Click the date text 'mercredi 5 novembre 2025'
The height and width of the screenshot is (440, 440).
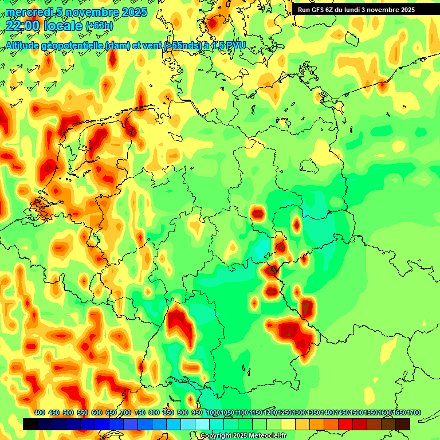pos(77,12)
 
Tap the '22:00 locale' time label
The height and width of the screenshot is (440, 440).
pos(44,25)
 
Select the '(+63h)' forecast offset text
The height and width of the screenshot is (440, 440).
pos(99,26)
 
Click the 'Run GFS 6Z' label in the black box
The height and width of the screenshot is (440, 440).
pos(318,10)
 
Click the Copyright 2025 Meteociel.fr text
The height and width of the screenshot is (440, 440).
pos(243,436)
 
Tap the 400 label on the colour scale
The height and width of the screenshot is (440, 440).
pos(40,413)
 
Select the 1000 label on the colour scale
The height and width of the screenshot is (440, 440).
pos(213,413)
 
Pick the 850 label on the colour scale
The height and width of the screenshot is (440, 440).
pos(168,413)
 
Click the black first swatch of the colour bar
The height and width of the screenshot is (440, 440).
pos(30,424)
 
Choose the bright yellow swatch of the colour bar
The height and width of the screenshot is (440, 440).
pos(288,424)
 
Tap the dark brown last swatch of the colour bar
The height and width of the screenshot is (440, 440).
pos(403,424)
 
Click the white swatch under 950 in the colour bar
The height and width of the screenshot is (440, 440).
pos(202,424)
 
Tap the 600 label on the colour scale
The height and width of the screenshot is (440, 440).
pos(97,413)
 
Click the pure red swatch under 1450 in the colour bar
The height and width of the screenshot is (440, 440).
pos(345,424)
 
